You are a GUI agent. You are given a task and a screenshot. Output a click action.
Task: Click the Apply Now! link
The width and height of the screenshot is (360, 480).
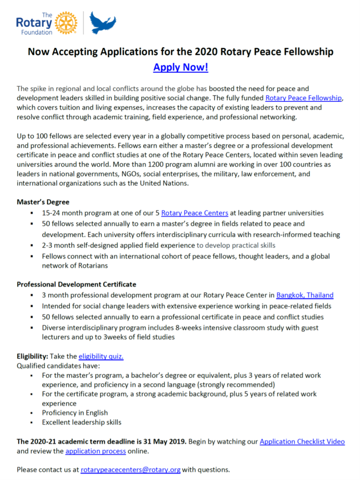click(x=181, y=67)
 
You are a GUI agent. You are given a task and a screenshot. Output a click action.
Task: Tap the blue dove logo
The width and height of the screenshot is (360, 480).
click(x=102, y=22)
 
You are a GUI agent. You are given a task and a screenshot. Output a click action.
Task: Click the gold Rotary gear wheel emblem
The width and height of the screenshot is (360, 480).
click(x=66, y=23)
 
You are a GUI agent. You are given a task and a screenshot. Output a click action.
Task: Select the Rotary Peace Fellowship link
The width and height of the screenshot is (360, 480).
click(x=303, y=98)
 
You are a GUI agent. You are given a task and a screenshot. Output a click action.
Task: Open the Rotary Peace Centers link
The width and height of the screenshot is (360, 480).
click(x=195, y=213)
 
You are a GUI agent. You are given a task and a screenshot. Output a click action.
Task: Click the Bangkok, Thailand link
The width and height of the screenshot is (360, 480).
click(x=305, y=295)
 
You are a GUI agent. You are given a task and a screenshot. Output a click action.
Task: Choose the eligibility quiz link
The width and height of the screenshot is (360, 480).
click(x=101, y=356)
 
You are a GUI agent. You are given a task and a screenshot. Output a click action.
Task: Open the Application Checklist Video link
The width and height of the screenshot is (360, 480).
click(x=302, y=442)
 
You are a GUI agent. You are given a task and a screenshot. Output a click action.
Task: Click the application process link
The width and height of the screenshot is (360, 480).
click(x=95, y=451)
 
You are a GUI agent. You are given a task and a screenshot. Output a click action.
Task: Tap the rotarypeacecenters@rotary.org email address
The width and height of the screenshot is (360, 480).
click(x=130, y=470)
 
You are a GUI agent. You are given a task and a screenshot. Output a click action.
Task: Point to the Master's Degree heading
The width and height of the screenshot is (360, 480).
click(x=43, y=202)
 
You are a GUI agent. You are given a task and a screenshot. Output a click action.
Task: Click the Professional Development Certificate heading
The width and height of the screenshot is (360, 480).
click(x=76, y=284)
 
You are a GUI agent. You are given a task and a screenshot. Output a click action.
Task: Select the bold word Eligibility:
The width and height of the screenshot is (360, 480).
click(x=32, y=356)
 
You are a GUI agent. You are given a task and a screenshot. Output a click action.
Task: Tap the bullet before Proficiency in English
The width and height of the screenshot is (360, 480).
click(x=32, y=413)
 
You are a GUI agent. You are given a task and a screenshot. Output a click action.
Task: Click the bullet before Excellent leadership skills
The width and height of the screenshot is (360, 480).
click(x=32, y=423)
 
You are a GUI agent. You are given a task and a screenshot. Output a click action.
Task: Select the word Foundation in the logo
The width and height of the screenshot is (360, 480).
click(x=37, y=32)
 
